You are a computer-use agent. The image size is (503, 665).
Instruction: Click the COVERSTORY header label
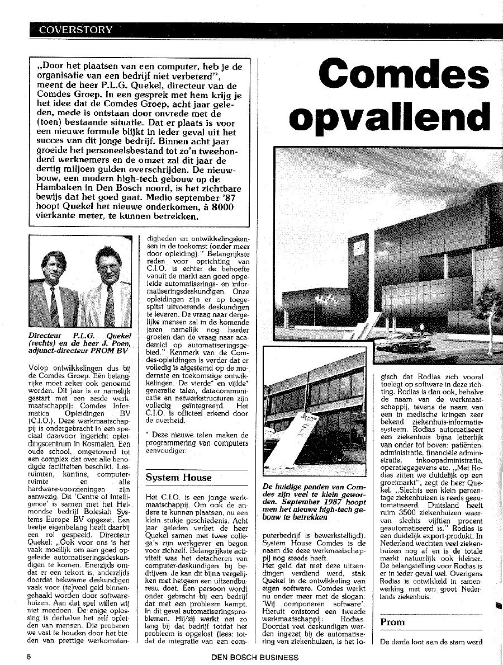(75, 30)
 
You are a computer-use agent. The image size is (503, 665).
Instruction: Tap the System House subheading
(179, 478)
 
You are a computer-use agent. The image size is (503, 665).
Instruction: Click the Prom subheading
(392, 622)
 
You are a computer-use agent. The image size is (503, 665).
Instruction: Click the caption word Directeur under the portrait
(46, 336)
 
